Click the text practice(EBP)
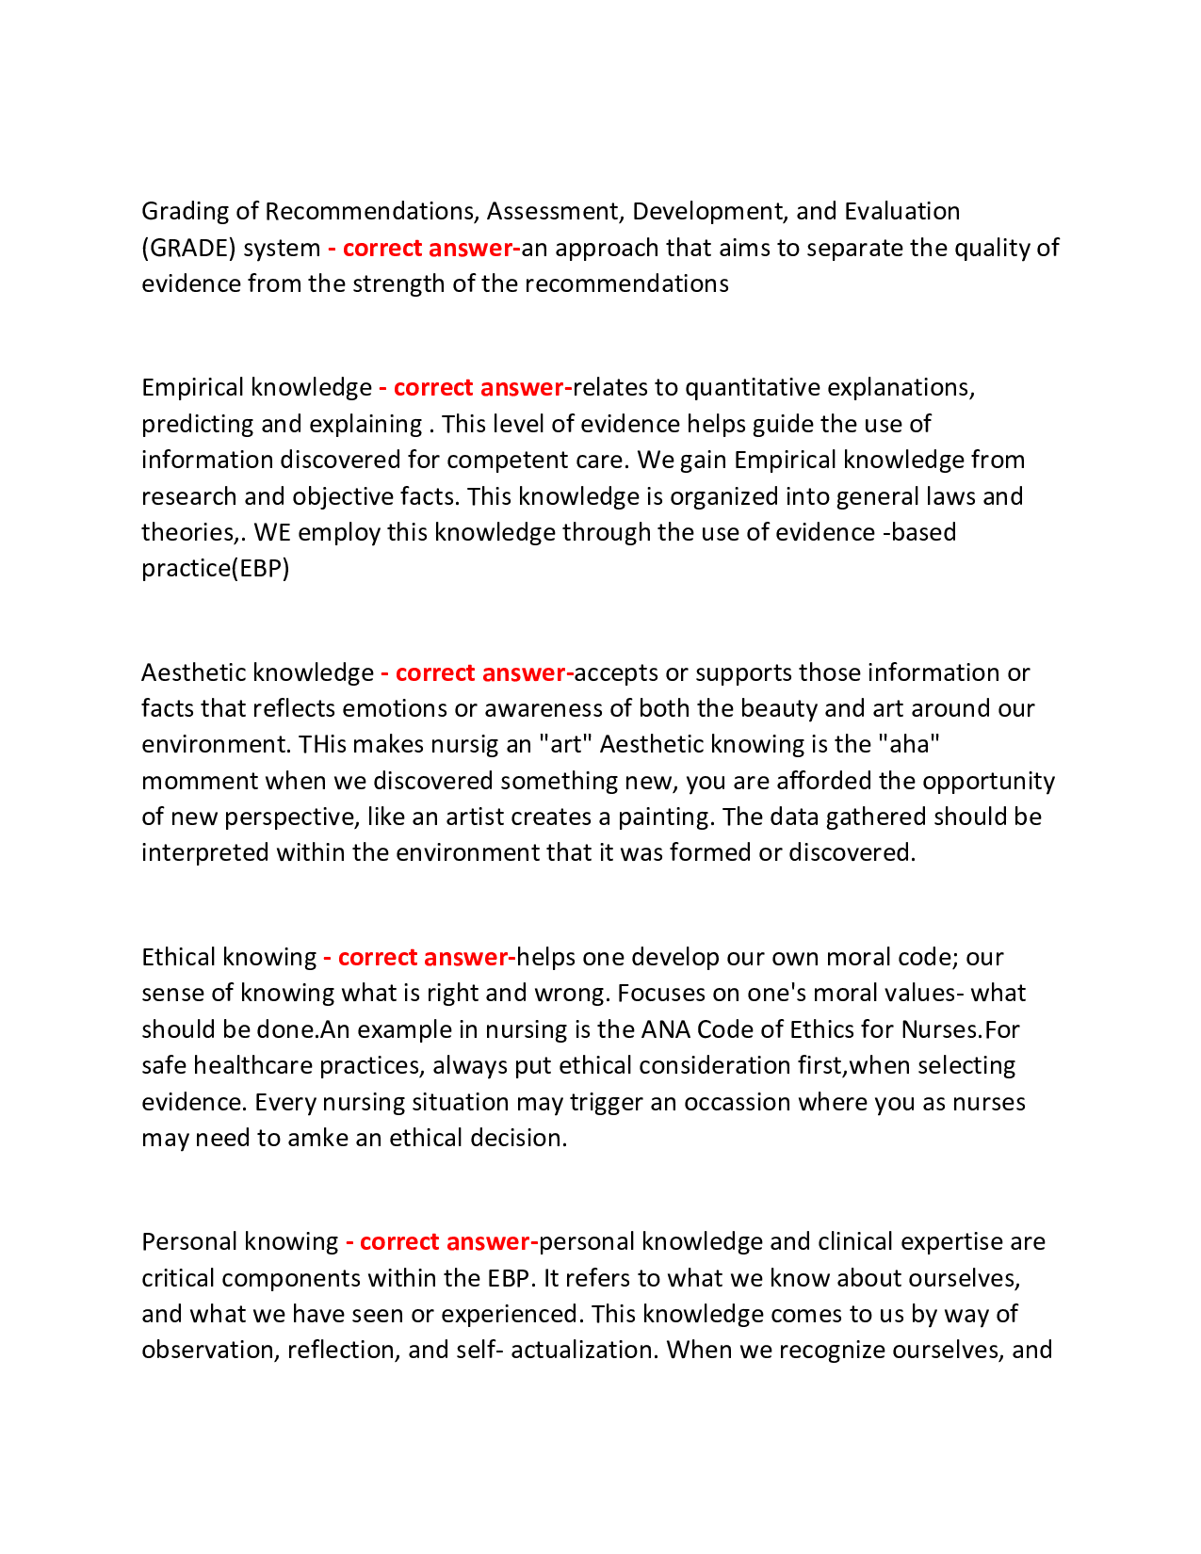point(216,568)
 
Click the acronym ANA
point(665,1028)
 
